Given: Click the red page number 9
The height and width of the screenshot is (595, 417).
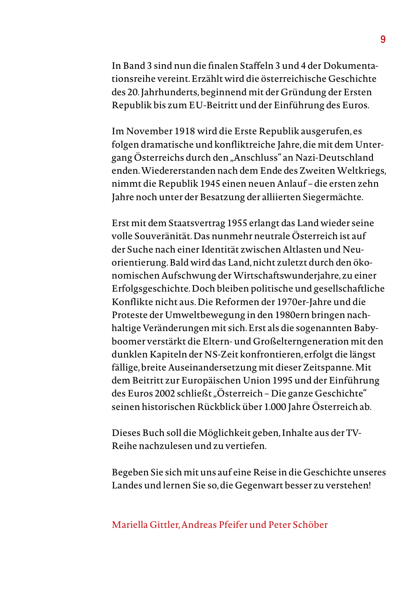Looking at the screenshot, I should pos(383,39).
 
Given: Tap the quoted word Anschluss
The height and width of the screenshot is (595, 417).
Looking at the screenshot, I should pos(256,158).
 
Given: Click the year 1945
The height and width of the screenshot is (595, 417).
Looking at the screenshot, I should pos(210,184).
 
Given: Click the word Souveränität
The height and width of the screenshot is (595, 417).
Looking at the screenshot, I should pos(163,236).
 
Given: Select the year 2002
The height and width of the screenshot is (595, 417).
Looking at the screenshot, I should pos(165,394).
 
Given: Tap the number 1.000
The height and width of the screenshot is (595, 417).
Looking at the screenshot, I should pos(275,407).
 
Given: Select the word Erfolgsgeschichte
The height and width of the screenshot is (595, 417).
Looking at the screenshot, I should pos(150,289).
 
